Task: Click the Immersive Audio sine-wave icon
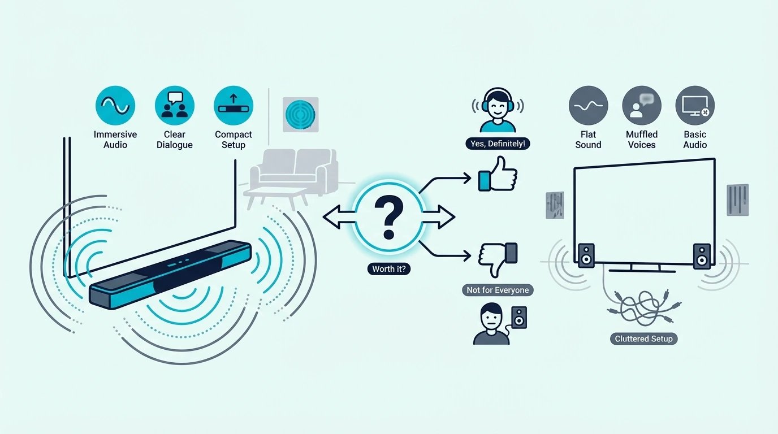[x=115, y=106]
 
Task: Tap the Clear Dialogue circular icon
[x=174, y=106]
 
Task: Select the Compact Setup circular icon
[x=234, y=106]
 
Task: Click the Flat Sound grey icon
[x=589, y=106]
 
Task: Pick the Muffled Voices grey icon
[x=642, y=106]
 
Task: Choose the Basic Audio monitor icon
[x=695, y=106]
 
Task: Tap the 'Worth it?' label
[x=389, y=269]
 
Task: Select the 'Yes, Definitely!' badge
[x=498, y=144]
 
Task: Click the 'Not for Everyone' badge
[x=498, y=290]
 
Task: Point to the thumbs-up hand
[x=498, y=175]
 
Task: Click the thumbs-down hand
[x=498, y=259]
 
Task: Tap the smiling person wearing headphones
[x=498, y=110]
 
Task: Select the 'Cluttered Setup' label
[x=643, y=338]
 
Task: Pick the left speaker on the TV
[x=586, y=255]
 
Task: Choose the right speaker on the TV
[x=702, y=256]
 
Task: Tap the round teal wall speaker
[x=300, y=115]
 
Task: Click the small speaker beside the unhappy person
[x=519, y=318]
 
